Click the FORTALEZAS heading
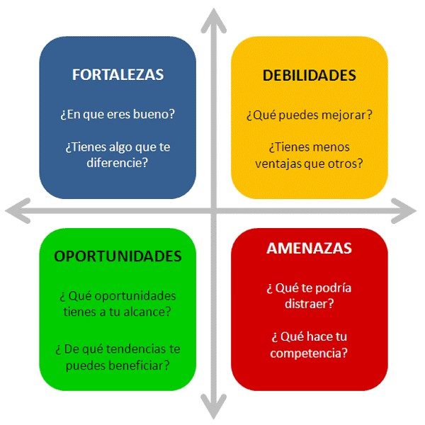coord(118,75)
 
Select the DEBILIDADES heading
coord(309,75)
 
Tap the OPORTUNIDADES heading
coord(118,256)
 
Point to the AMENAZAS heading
coord(309,249)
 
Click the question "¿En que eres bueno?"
coord(118,114)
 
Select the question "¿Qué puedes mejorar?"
coord(310,114)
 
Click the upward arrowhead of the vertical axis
coord(212,18)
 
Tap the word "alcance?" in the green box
coord(152,310)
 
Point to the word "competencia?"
coord(309,352)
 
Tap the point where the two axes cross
coord(212,210)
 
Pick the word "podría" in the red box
coord(334,288)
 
